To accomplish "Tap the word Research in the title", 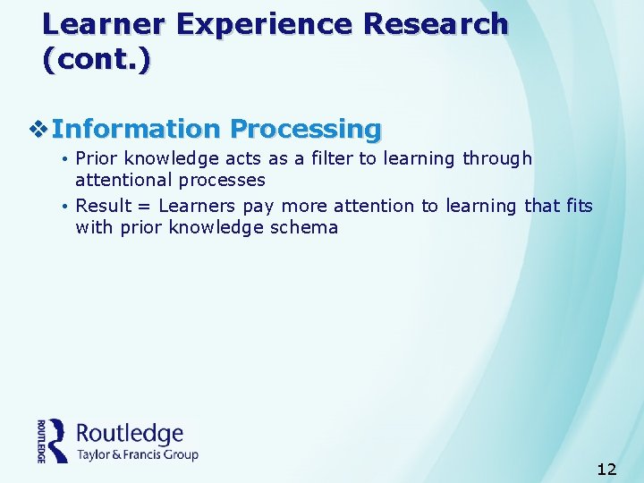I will [432, 24].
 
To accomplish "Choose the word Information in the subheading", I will [135, 130].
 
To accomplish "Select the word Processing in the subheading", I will [305, 130].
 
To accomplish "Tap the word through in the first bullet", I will [496, 158].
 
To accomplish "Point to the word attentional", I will [123, 180].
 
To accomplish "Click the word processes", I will [221, 180].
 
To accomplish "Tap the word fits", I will [580, 206].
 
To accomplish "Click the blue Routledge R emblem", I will [56, 440].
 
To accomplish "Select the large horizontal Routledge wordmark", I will [130, 434].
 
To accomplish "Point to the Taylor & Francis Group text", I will [137, 454].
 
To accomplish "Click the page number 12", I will [606, 470].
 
